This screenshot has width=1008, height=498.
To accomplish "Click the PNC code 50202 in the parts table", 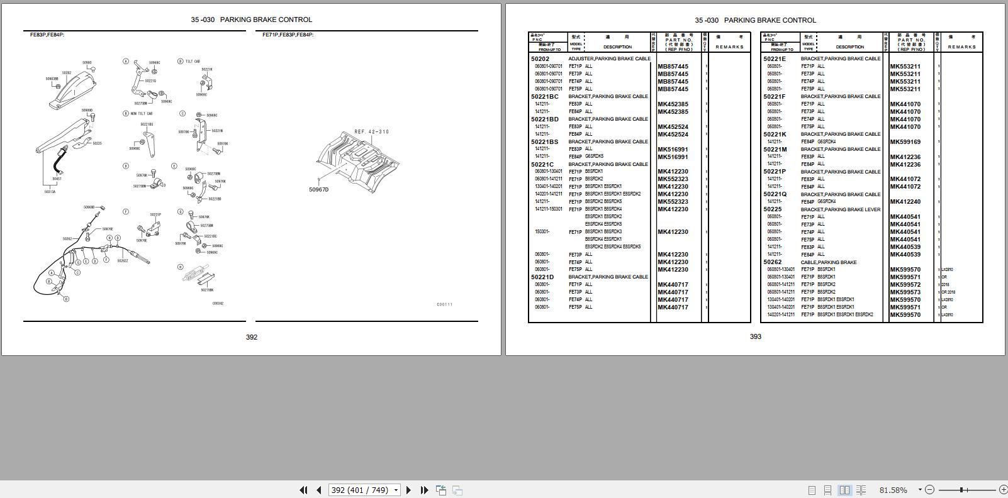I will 540,59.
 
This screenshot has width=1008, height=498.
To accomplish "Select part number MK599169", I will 905,142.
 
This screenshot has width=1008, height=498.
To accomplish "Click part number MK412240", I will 905,202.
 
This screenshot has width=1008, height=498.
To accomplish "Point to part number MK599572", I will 905,285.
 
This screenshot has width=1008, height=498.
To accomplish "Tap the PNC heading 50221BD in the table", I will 544,119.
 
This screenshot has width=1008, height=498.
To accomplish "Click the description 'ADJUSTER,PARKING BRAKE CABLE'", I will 609,59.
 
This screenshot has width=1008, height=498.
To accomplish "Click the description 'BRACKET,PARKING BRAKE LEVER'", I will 840,209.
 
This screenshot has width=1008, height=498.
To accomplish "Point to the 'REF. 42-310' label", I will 371,132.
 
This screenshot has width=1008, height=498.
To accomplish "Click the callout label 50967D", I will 318,190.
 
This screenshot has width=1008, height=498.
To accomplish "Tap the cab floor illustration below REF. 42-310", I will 359,157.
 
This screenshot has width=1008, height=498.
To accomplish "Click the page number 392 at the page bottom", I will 252,338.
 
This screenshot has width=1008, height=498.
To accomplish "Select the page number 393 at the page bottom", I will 756,337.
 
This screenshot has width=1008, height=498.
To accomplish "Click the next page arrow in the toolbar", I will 408,490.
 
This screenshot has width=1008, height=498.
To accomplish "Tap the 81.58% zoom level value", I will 893,490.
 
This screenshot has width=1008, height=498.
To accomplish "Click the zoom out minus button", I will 930,490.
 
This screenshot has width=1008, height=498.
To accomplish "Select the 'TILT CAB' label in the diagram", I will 193,62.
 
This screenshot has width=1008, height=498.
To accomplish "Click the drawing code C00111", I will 444,305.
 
